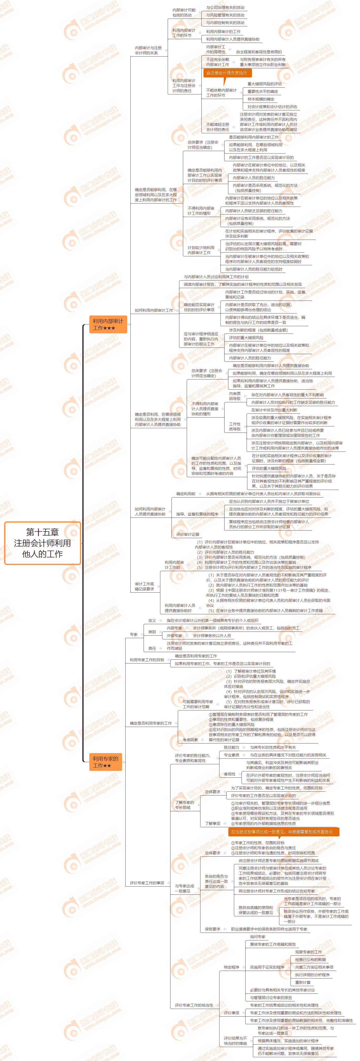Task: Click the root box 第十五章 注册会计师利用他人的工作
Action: coord(42,543)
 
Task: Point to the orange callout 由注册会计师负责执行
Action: coord(227,73)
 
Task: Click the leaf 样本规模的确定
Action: coord(261,99)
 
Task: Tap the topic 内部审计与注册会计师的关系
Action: coord(148,50)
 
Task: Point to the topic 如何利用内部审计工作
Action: coord(154,310)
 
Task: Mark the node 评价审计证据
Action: coord(187,534)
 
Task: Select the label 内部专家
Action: coord(174,628)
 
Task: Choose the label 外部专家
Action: coord(174,636)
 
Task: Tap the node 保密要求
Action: coord(213,929)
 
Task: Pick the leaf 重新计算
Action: coord(303,982)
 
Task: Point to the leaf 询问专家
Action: coord(258,937)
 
